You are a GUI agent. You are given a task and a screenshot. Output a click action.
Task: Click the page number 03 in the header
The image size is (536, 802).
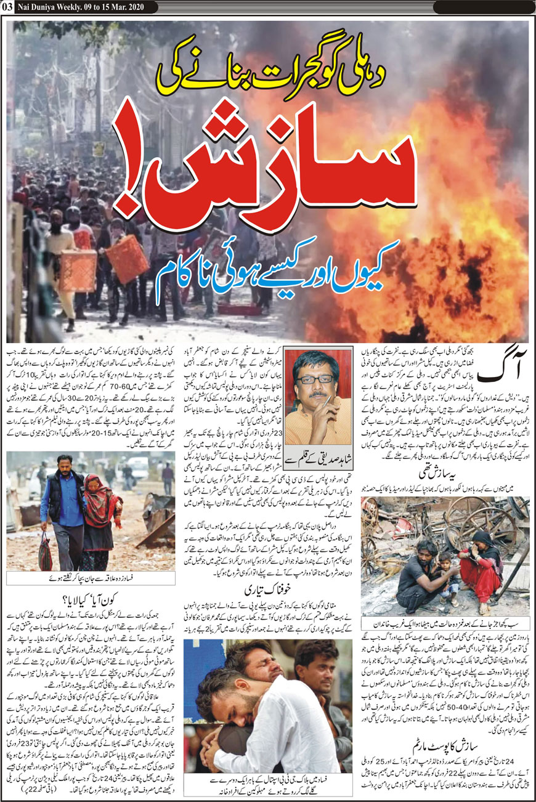point(7,7)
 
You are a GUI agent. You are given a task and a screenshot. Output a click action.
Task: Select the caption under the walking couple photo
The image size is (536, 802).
point(91,578)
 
